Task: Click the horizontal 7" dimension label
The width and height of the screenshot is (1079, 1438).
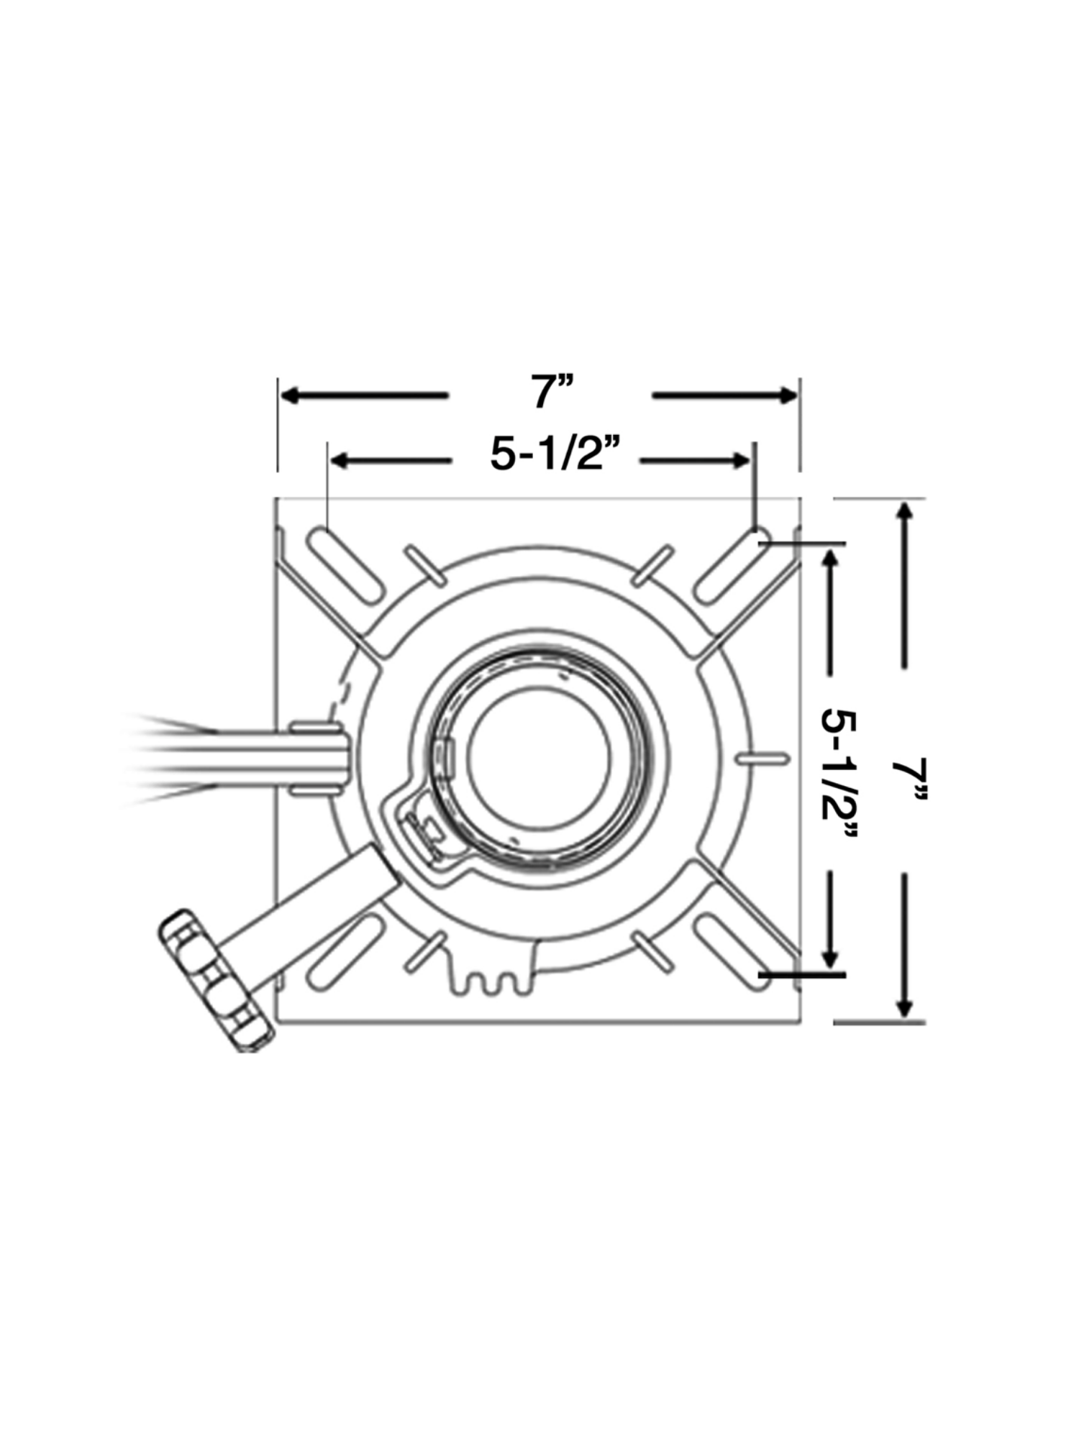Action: coord(552,393)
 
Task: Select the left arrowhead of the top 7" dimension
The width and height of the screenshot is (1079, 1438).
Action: coord(291,395)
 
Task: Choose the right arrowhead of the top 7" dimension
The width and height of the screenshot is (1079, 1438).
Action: coord(787,395)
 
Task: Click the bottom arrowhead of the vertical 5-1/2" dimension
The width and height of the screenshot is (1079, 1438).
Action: coord(832,957)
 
